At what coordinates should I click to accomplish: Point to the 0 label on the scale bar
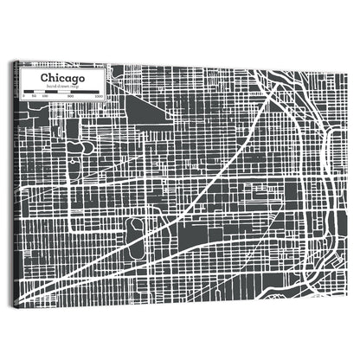[23, 94]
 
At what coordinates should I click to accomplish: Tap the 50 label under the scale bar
[33, 95]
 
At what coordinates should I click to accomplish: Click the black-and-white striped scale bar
[61, 90]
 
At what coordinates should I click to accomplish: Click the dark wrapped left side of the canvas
[15, 182]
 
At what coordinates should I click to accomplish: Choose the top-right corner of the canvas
[345, 64]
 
